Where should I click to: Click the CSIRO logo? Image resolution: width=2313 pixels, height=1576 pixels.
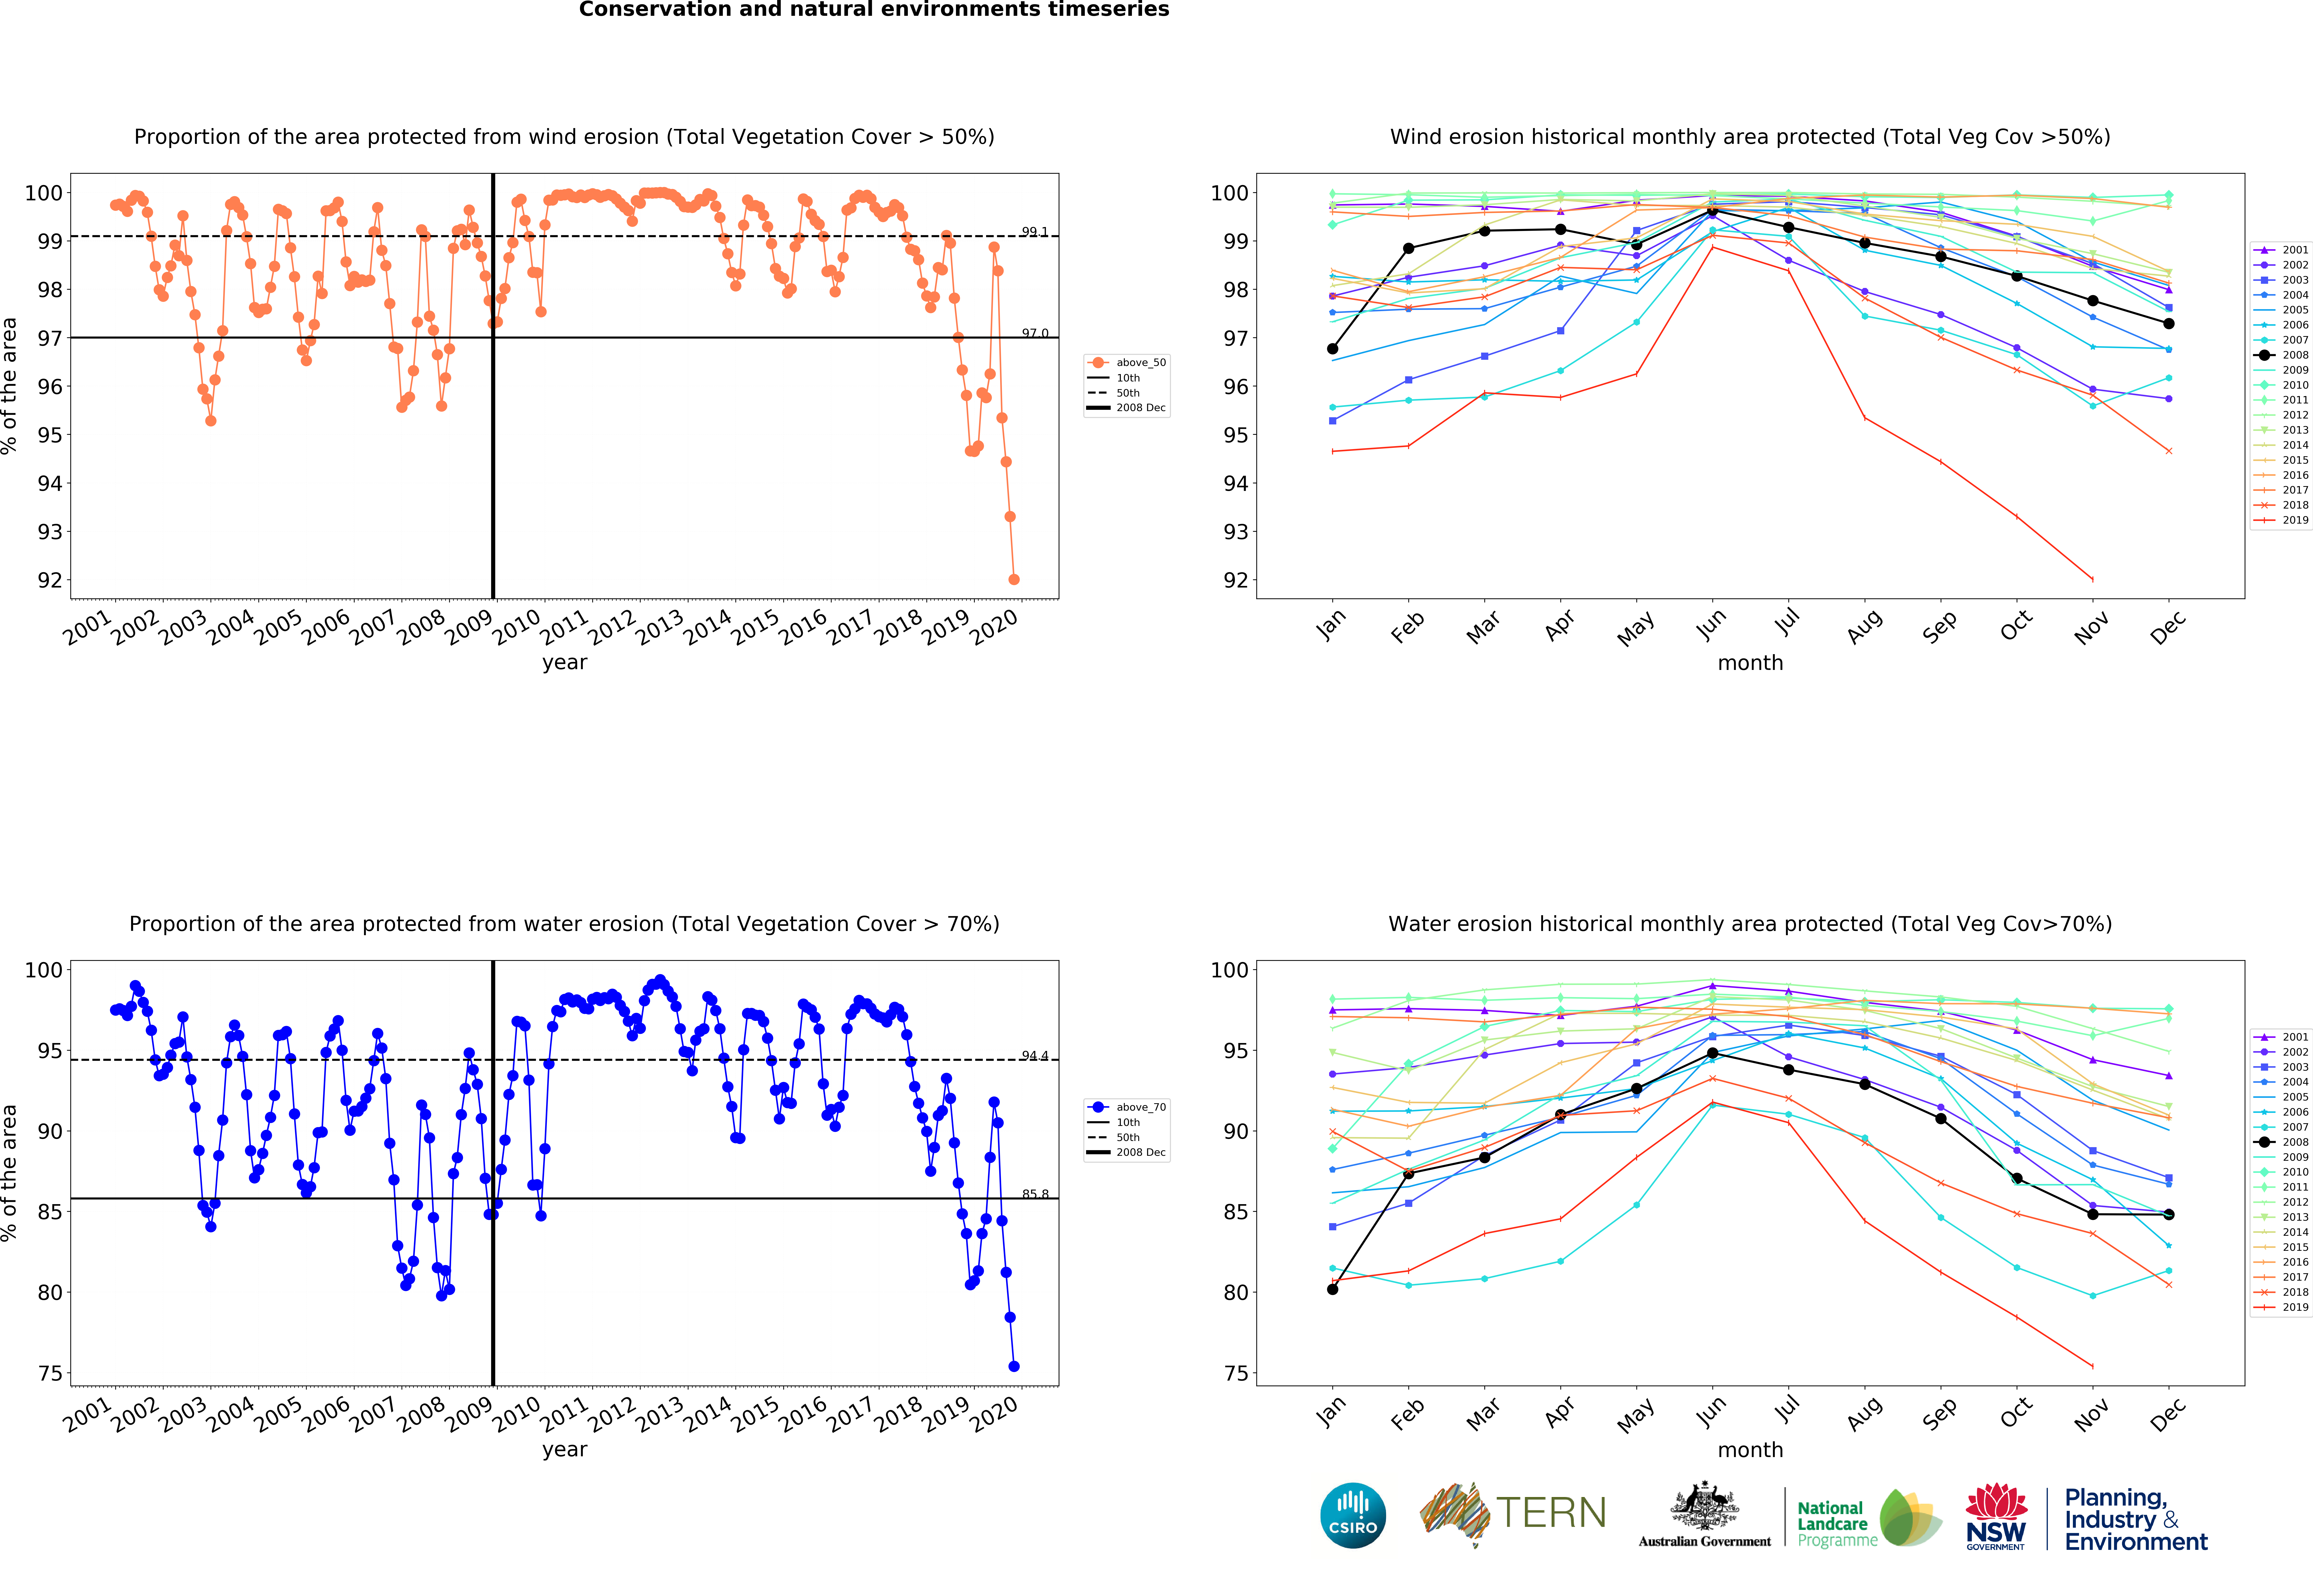pos(1353,1515)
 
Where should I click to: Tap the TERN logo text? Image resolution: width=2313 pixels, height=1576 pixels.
pos(1551,1513)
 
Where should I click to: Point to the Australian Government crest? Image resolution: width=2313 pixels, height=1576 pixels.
pos(1705,1507)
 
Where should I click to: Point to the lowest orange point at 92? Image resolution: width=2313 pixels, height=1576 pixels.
pos(1013,579)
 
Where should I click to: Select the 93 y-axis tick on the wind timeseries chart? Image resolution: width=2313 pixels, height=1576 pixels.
pos(50,531)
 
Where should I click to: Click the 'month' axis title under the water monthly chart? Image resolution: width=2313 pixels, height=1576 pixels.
pos(1750,1450)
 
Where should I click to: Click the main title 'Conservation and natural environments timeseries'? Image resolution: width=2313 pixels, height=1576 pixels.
pos(874,10)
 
